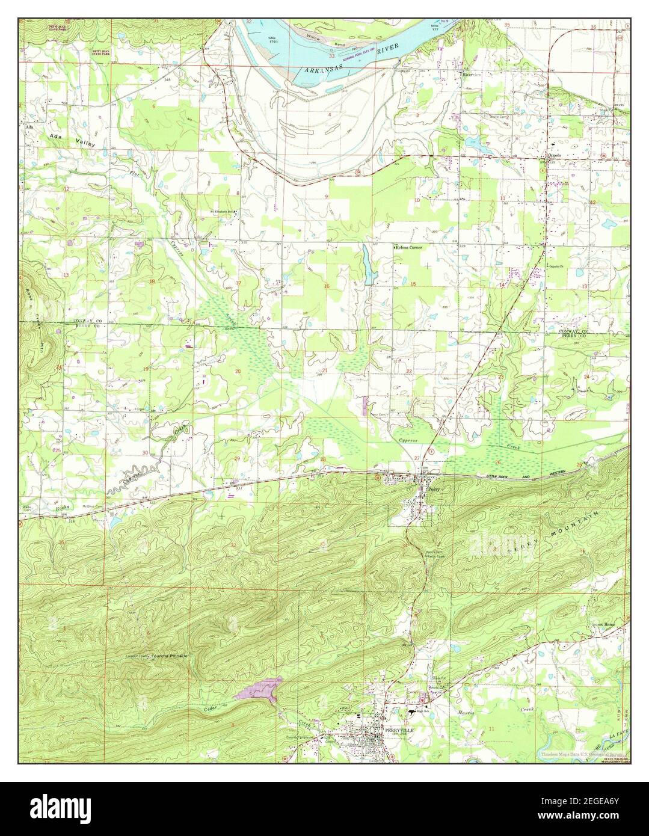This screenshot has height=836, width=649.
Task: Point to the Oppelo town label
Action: [553, 155]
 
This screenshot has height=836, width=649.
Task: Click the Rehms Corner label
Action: [409, 247]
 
